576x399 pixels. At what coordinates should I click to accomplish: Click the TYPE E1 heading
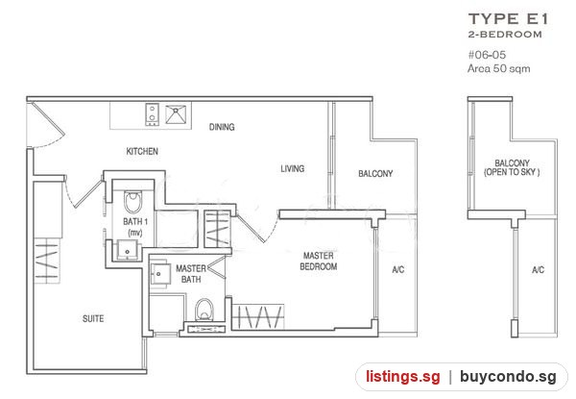pos(509,19)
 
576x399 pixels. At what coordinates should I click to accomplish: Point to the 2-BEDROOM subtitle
pos(505,35)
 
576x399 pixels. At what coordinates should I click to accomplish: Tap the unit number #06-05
pos(487,55)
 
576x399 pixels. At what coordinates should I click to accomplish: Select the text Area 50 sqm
pos(498,68)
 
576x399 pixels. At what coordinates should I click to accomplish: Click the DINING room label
pos(222,127)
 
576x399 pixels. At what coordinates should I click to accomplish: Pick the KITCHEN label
pos(142,151)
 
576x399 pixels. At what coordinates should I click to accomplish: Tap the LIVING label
pos(293,168)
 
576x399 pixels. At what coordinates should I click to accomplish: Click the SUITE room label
pos(93,318)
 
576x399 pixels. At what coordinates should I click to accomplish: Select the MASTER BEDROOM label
pos(319,262)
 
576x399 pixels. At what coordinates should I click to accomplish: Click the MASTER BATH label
pos(191,274)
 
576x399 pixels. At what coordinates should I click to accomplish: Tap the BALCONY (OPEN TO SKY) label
pos(512,167)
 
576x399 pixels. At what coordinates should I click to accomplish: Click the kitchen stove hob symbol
pos(152,113)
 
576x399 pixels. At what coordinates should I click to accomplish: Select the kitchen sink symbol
pos(176,114)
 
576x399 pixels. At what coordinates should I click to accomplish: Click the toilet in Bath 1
pos(132,202)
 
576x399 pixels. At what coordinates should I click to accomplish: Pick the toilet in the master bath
pos(204,310)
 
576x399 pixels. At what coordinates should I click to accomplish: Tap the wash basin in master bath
pos(160,273)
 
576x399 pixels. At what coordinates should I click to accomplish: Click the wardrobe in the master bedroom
pos(258,316)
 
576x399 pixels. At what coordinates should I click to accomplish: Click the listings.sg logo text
pos(402,377)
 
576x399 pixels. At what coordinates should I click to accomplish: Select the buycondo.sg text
pos(508,377)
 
